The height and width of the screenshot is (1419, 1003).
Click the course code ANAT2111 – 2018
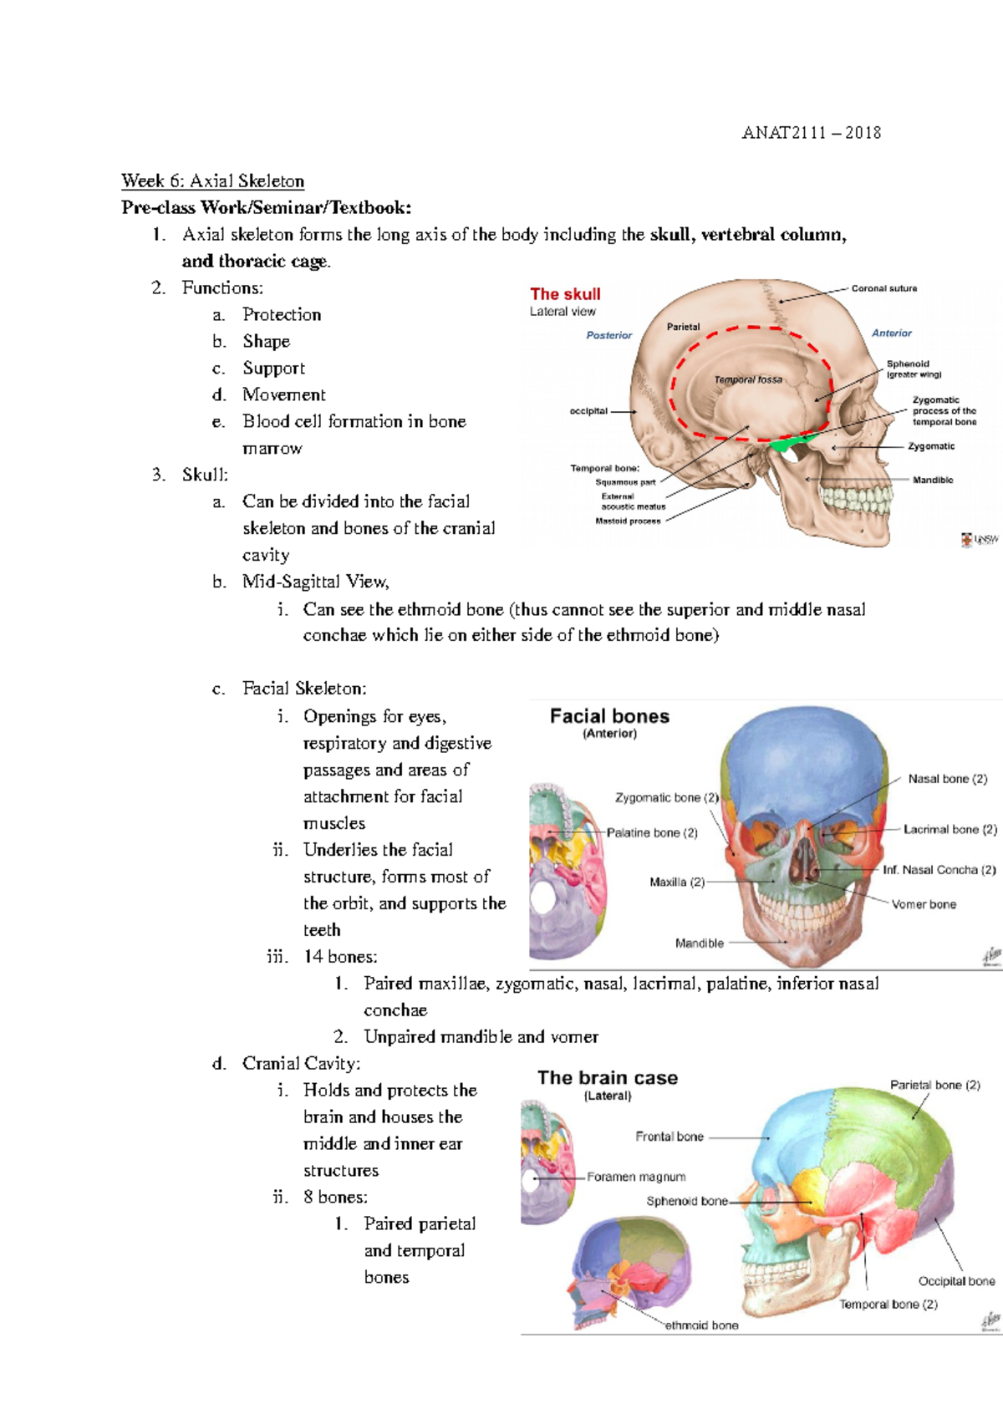(811, 133)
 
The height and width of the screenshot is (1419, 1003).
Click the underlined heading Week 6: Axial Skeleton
(212, 181)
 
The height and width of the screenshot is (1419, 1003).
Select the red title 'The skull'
(565, 294)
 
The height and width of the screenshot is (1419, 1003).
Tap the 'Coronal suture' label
(883, 288)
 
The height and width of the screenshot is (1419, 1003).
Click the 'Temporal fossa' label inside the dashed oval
(748, 379)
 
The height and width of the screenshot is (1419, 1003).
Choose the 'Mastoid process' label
(628, 521)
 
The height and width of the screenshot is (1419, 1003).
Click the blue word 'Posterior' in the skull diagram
(608, 335)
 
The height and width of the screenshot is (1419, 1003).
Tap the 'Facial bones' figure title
(609, 716)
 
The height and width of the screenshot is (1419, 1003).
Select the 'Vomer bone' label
(924, 904)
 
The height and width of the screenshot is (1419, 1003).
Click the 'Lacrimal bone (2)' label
(950, 830)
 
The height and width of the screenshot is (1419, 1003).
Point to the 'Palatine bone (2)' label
(652, 833)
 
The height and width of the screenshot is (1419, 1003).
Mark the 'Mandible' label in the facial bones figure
(700, 943)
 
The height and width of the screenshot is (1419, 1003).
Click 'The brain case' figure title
(608, 1078)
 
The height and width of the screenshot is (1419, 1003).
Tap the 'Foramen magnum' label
(636, 1177)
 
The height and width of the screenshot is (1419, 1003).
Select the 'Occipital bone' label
(956, 1281)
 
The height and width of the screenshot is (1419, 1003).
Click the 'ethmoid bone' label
(701, 1325)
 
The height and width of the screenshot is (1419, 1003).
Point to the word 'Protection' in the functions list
(282, 315)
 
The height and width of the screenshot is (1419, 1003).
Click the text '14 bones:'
(340, 957)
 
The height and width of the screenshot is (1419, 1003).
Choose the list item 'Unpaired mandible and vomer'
(481, 1037)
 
